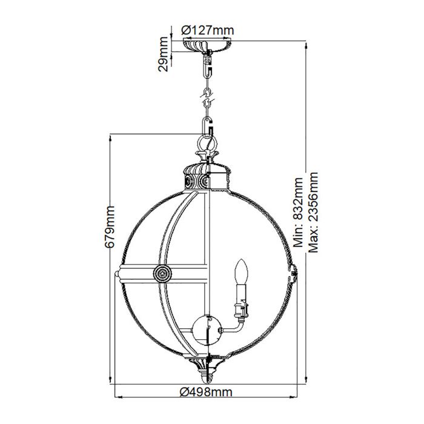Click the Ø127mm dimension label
point(208,30)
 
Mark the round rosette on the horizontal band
point(162,273)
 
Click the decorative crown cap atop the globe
point(207,176)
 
